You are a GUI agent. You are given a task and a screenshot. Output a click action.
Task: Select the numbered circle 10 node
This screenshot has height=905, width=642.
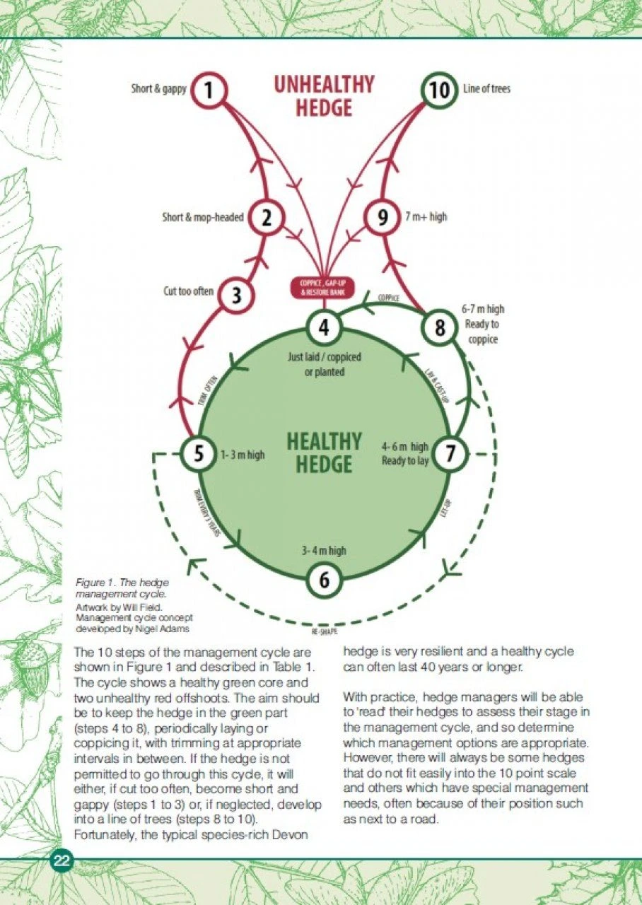click(x=439, y=90)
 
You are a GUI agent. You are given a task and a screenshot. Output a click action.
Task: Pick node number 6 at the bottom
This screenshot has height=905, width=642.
click(x=324, y=580)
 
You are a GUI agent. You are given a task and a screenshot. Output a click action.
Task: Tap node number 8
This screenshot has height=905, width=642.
click(x=440, y=328)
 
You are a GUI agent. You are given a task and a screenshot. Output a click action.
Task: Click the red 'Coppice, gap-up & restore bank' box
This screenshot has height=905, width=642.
click(x=322, y=288)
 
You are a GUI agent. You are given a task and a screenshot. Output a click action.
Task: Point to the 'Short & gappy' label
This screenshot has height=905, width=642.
click(x=159, y=89)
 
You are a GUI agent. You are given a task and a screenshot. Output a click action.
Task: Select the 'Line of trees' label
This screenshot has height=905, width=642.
click(x=486, y=89)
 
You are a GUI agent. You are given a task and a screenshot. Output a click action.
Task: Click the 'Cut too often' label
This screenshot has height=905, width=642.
click(x=189, y=291)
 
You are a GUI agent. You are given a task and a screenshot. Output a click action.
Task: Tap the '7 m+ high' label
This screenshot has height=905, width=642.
click(x=426, y=217)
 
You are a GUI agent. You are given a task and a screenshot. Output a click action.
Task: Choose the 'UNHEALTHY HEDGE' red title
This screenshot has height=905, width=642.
click(x=324, y=95)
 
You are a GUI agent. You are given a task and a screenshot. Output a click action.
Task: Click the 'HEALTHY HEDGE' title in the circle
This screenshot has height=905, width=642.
click(x=324, y=452)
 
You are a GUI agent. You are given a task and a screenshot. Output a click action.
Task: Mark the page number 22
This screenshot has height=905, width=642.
click(x=61, y=860)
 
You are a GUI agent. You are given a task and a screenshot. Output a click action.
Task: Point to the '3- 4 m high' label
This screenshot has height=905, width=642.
click(x=324, y=550)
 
